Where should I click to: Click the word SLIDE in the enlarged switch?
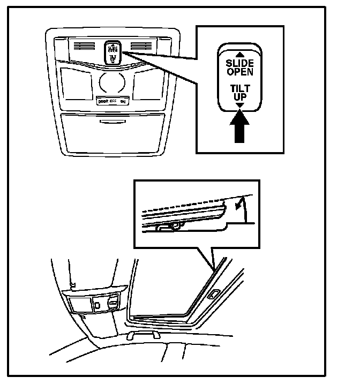click(x=239, y=63)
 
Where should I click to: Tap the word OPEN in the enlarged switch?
click(x=239, y=71)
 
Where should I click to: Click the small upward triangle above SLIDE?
click(x=239, y=55)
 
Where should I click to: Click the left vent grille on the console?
click(x=86, y=47)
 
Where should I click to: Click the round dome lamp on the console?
click(x=112, y=82)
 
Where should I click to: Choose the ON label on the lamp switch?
click(x=123, y=101)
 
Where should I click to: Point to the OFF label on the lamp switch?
click(x=113, y=101)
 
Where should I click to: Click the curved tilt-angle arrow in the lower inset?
click(x=240, y=208)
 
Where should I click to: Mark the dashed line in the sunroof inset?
click(x=187, y=203)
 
